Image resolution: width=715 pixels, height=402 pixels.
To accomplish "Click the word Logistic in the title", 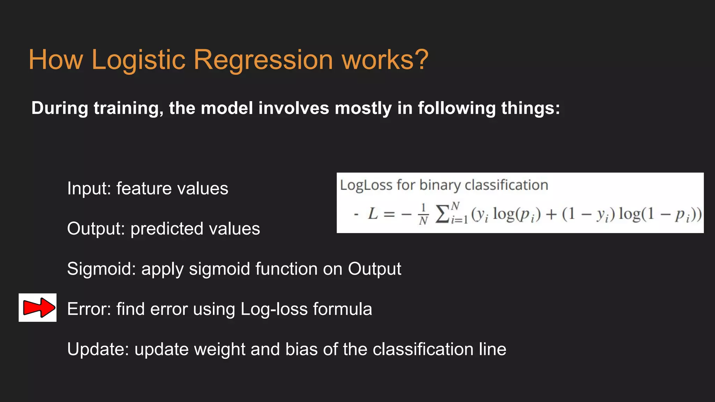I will [138, 60].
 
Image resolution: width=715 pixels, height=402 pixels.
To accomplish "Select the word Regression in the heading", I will [263, 60].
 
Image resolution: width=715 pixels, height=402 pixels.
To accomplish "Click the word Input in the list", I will [88, 188].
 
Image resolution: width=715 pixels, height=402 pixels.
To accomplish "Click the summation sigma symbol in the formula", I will [442, 214].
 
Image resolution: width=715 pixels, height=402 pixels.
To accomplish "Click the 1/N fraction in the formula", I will [423, 214].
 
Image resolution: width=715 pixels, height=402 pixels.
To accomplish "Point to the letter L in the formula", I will [373, 214].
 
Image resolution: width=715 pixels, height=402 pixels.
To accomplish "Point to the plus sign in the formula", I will [551, 214].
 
